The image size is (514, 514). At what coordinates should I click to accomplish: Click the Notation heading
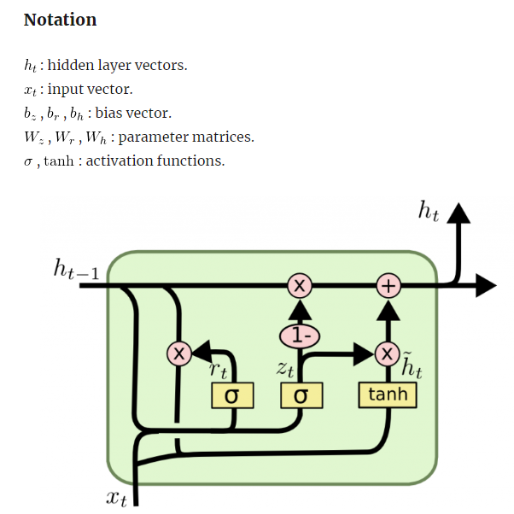(60, 20)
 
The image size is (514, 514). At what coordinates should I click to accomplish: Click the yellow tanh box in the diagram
(387, 394)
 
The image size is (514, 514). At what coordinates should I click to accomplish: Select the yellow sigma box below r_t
(230, 395)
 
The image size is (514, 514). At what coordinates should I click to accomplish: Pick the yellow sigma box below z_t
(300, 395)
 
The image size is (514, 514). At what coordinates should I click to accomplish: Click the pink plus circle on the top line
(388, 286)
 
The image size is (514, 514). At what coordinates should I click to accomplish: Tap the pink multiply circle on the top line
(299, 286)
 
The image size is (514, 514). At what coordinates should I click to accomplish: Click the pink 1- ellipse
(300, 336)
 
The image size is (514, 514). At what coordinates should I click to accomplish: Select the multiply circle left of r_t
(178, 353)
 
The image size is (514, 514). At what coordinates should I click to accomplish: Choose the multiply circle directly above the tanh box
(388, 353)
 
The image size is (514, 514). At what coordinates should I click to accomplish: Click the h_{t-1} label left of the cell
(76, 271)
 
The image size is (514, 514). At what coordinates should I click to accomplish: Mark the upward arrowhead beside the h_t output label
(459, 214)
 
